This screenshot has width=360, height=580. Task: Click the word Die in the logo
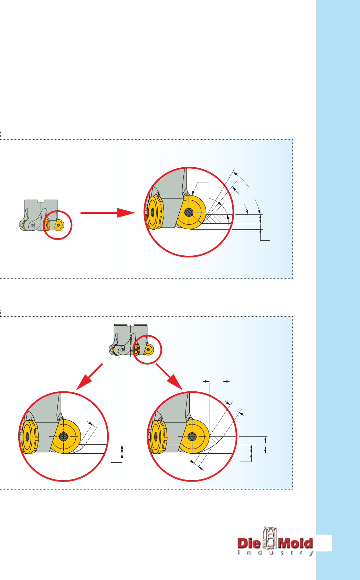tap(249, 543)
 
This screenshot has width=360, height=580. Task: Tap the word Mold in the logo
tap(295, 543)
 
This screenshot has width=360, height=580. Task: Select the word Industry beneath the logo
tap(276, 553)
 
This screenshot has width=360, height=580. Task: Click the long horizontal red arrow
tap(108, 213)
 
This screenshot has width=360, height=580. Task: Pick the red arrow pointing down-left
tap(89, 377)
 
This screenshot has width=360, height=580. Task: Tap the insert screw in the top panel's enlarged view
tap(189, 212)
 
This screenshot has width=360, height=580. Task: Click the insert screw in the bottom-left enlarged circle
tap(63, 436)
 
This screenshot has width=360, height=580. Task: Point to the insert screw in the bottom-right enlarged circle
tap(192, 436)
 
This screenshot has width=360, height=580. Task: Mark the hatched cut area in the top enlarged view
tap(216, 219)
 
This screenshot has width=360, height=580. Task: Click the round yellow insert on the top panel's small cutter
tap(59, 225)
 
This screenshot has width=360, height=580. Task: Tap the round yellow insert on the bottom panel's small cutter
tap(148, 349)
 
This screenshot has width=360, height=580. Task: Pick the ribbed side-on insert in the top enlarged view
tap(155, 213)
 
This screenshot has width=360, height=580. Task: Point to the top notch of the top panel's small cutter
tap(41, 201)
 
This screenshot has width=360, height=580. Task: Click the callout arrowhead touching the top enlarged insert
tap(193, 193)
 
